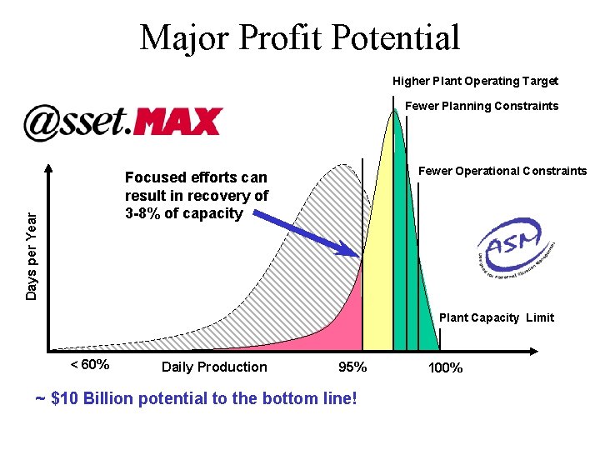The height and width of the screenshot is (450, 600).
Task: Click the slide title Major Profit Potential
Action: click(300, 38)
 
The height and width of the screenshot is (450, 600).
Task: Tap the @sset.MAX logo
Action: click(122, 122)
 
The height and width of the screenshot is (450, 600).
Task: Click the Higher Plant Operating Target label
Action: click(475, 81)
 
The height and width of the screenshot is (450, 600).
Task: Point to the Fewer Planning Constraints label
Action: click(482, 106)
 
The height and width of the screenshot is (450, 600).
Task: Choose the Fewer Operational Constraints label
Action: click(502, 171)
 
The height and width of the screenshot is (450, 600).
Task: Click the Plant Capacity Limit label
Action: click(496, 317)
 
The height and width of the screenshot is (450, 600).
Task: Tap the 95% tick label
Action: click(352, 367)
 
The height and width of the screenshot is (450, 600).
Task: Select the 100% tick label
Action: click(445, 367)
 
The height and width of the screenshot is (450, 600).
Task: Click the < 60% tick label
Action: click(89, 365)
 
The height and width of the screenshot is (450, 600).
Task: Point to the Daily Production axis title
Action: click(214, 367)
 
